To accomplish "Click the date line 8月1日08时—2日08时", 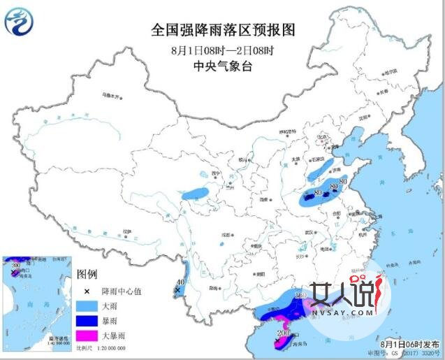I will coord(223,50).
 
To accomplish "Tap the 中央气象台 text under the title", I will coord(223,66).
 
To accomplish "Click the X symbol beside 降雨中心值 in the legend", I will coord(87,290).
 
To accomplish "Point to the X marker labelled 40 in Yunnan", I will coord(178,289).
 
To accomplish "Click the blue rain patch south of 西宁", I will coord(197,191).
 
